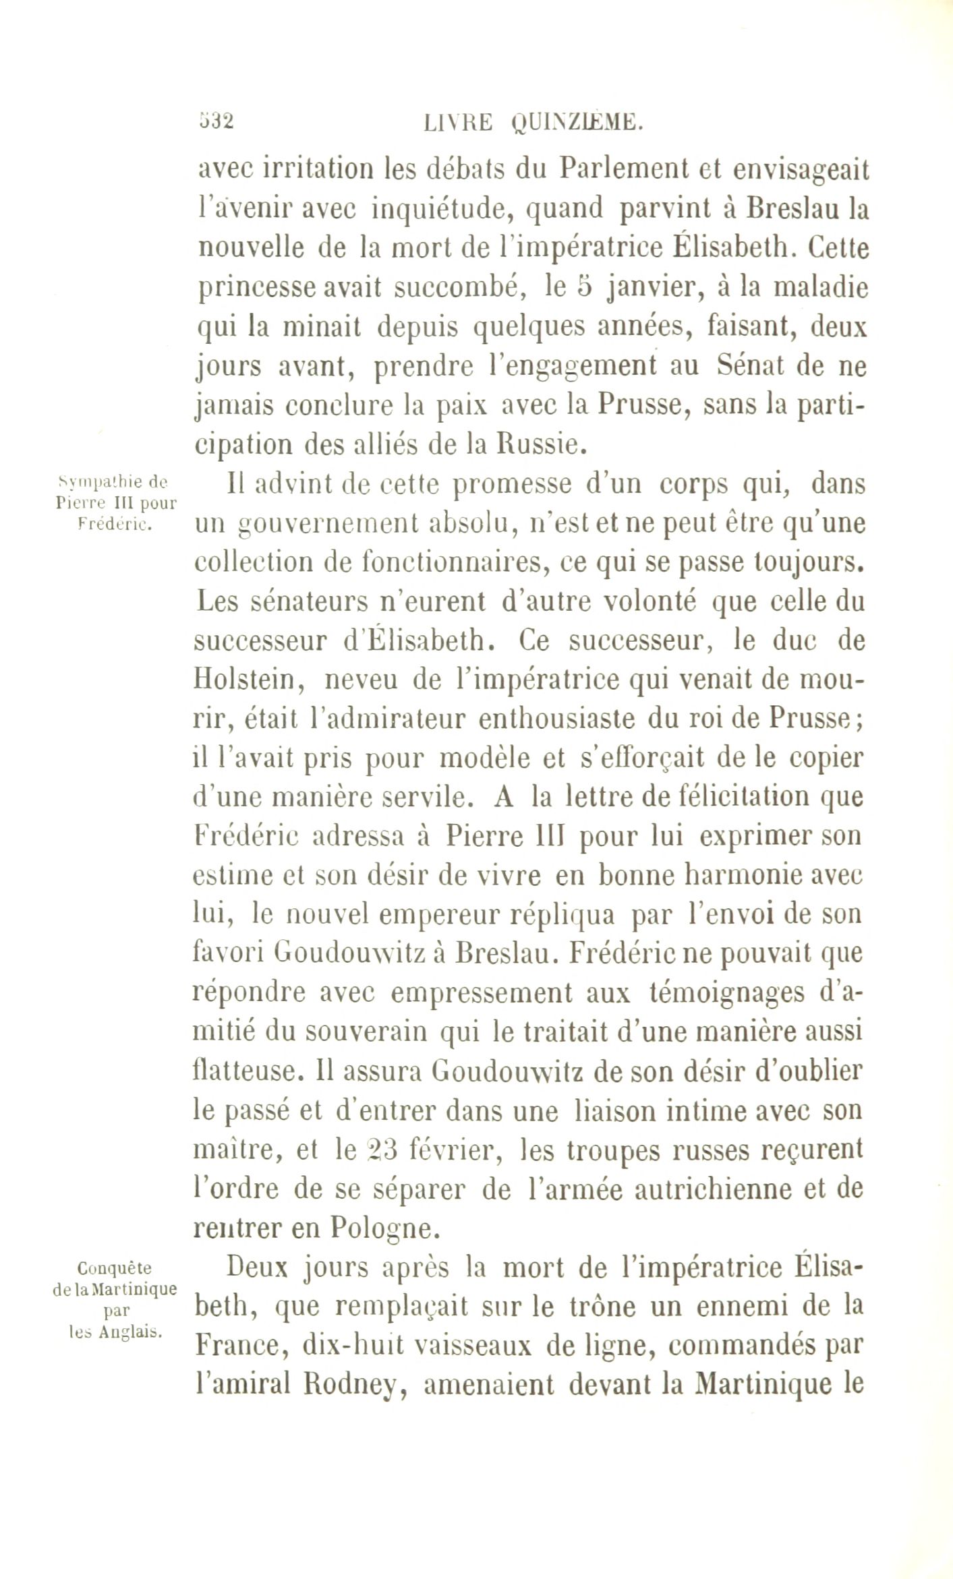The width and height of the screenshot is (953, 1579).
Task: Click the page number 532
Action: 216,121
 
